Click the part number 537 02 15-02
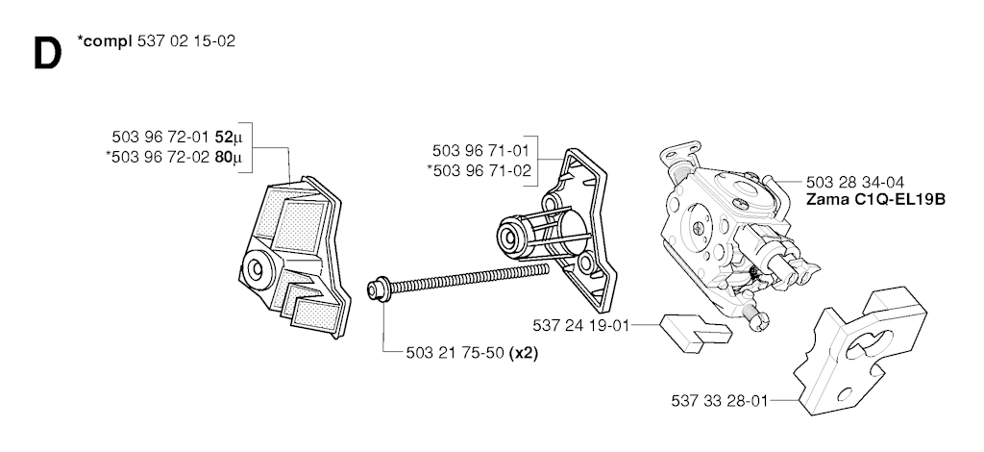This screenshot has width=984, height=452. (x=185, y=41)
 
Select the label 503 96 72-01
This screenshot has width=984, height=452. (x=161, y=137)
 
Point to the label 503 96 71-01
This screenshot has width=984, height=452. (x=480, y=151)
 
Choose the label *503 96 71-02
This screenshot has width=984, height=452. (x=479, y=171)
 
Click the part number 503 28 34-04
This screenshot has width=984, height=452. (x=854, y=183)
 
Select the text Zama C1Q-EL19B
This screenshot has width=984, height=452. (x=875, y=200)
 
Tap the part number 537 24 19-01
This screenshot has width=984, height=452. (x=580, y=326)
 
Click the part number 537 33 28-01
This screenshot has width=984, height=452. (x=719, y=400)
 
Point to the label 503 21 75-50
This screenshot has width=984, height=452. (x=455, y=354)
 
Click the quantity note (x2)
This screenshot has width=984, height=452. (x=524, y=354)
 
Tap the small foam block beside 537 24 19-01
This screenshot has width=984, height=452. (x=695, y=330)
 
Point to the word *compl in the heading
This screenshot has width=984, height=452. (x=104, y=41)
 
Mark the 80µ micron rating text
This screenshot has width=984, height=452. (x=228, y=158)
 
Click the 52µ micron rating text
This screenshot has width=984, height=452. (x=228, y=137)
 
